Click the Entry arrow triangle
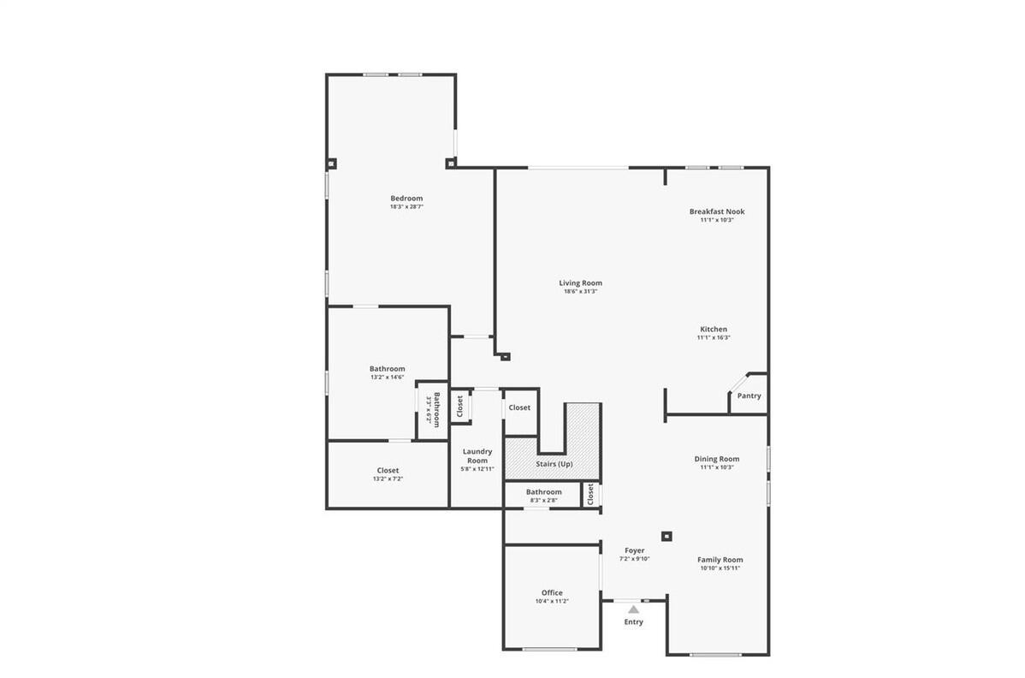(633, 610)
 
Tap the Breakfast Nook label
(717, 211)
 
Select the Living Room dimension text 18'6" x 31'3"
(580, 292)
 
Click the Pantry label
(749, 395)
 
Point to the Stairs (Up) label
(554, 464)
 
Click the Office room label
(552, 593)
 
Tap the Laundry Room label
(477, 455)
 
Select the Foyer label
(634, 551)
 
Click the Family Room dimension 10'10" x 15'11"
(720, 568)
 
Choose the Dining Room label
(717, 459)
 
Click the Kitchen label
(714, 330)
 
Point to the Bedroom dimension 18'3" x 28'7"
(406, 206)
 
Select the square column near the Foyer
(667, 536)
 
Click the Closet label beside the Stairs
(519, 407)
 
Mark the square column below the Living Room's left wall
(505, 357)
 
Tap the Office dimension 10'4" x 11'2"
(552, 602)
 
